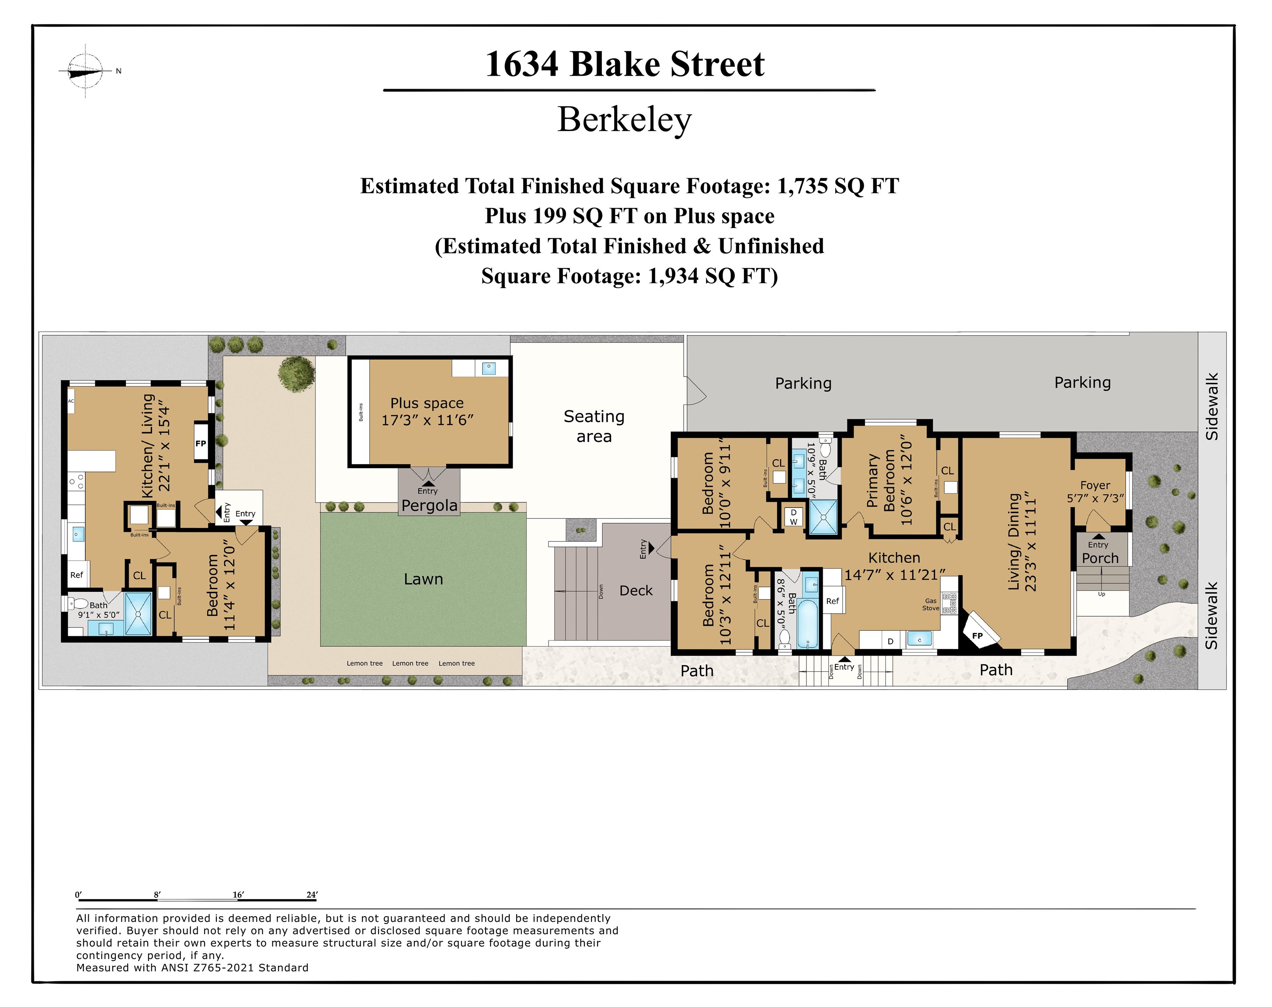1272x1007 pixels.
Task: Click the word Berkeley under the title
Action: point(624,120)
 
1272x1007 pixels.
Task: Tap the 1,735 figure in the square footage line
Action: point(803,186)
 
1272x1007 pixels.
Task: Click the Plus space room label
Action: point(427,411)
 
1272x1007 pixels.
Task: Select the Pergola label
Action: point(429,505)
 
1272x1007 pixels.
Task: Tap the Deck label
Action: point(636,590)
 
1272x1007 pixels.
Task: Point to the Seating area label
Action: point(594,426)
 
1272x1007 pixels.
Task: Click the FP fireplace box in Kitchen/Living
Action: point(201,443)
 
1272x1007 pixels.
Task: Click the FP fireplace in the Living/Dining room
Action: point(977,635)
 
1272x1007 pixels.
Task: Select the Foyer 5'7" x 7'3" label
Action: point(1095,491)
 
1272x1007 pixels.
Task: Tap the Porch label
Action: point(1100,558)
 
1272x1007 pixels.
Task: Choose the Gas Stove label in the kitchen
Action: point(931,604)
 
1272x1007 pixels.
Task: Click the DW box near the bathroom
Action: point(793,517)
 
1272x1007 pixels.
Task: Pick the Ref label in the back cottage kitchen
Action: point(76,575)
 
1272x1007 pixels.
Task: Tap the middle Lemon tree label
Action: point(410,663)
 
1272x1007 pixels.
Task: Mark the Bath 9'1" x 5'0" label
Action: point(98,610)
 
